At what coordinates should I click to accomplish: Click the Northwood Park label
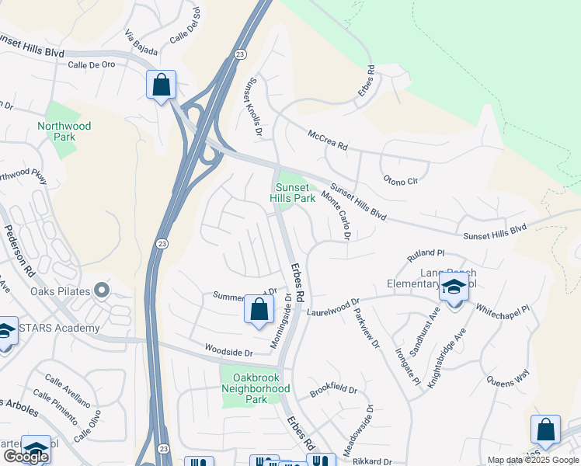[64, 131]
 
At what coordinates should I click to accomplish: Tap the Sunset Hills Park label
[293, 193]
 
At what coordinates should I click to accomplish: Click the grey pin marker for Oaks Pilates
[102, 291]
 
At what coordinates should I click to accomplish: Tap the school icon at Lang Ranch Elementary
[454, 288]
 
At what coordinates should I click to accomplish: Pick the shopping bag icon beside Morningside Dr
[259, 308]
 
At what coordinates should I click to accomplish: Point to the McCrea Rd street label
[327, 140]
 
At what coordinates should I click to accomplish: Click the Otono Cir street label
[401, 180]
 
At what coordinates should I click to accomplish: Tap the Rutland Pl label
[426, 255]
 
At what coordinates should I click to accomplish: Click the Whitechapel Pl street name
[502, 309]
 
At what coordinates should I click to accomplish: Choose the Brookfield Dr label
[332, 388]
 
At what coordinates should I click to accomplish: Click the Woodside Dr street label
[229, 352]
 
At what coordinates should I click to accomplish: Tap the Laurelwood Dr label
[334, 309]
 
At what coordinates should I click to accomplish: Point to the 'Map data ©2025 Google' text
[533, 460]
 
